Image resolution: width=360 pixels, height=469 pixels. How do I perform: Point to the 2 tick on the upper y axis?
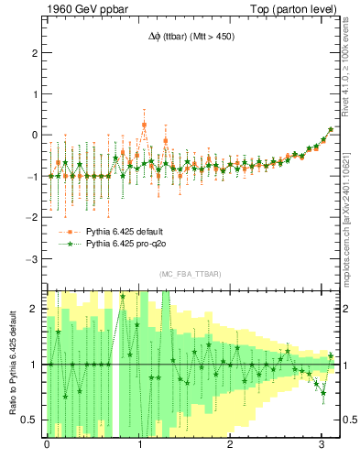35,52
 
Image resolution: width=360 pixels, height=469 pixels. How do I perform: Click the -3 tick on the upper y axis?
33,259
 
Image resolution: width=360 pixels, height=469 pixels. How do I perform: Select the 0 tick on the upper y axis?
35,135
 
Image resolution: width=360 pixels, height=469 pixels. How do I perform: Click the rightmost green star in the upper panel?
331,129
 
